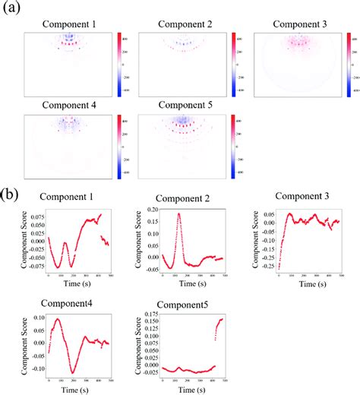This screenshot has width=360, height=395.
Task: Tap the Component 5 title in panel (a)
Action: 186,106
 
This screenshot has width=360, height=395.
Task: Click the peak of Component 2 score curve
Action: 178,213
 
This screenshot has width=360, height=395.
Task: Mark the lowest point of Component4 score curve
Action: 73,372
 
